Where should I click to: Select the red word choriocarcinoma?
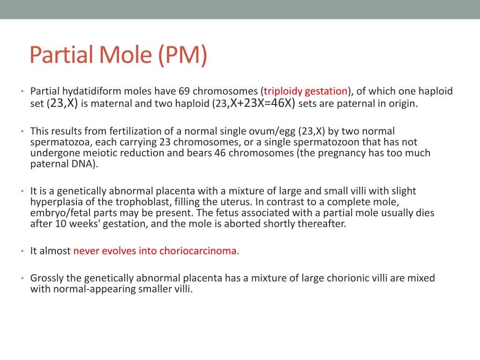(x=199, y=251)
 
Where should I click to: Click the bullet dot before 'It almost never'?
(x=22, y=251)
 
